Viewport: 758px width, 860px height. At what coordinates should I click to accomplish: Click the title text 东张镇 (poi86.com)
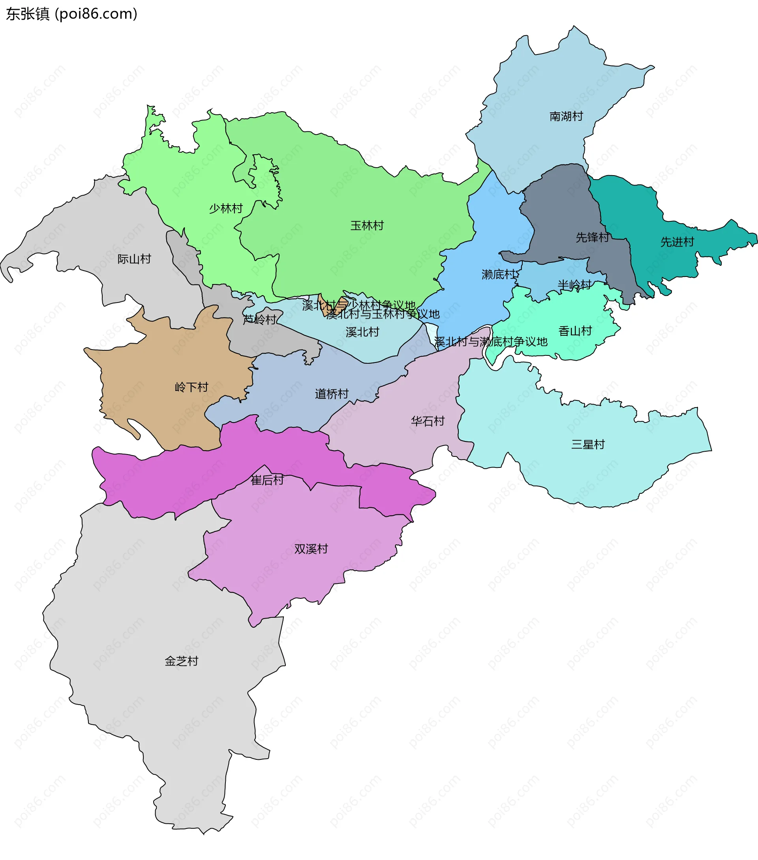point(71,14)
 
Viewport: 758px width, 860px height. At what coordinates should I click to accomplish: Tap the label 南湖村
point(566,116)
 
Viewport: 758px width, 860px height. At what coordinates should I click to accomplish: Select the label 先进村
point(677,242)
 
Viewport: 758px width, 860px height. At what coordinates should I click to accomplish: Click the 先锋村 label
point(592,237)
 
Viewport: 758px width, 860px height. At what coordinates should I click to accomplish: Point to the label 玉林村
point(367,226)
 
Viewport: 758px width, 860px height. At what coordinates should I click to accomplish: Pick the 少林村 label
point(226,208)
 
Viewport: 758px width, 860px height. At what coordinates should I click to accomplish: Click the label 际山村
point(134,259)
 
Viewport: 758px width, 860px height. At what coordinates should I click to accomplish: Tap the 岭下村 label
point(191,387)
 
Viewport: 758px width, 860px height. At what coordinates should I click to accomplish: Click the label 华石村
point(428,421)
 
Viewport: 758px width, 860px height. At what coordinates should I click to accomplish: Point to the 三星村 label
point(587,444)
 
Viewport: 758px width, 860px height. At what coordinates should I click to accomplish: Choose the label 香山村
point(575,331)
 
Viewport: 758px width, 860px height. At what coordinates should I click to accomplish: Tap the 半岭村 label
point(574,285)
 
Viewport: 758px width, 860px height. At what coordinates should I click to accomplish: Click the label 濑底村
point(498,275)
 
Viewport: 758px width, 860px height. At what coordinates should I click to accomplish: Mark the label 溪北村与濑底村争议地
point(491,342)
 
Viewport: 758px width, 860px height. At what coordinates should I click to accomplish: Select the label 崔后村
point(267,480)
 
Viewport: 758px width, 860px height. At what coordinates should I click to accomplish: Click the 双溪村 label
point(311,549)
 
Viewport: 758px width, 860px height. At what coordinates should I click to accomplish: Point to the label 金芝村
point(181,661)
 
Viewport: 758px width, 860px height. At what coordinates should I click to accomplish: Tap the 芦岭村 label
point(259,320)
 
